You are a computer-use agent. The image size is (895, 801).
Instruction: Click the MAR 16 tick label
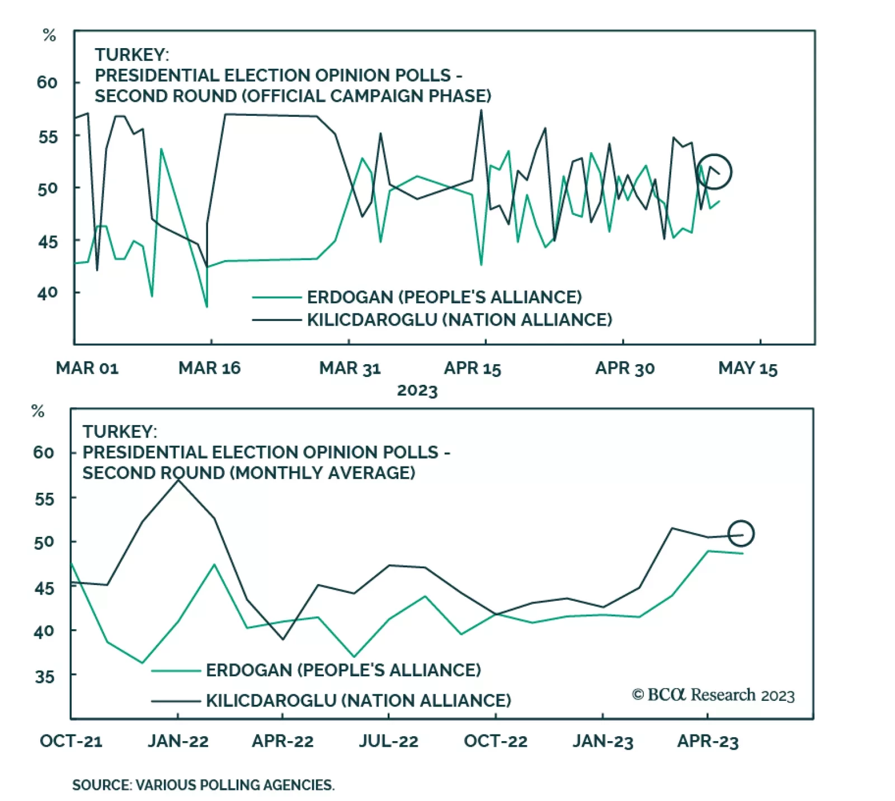click(209, 368)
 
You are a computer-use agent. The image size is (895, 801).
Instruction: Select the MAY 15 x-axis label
click(748, 369)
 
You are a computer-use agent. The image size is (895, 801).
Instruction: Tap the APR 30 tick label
click(625, 369)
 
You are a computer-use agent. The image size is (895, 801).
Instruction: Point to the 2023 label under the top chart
click(417, 390)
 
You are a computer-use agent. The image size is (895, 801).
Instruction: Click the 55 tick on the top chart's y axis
click(48, 137)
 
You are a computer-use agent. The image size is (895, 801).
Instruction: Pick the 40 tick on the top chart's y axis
click(48, 293)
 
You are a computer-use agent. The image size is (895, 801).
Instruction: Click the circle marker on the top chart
click(714, 171)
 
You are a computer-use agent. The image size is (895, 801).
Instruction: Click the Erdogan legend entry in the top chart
click(444, 297)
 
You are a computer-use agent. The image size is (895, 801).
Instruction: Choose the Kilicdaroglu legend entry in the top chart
click(459, 320)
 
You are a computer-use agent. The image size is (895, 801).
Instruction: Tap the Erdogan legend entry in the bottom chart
click(343, 670)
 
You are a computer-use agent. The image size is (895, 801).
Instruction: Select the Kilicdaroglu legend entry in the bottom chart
click(358, 700)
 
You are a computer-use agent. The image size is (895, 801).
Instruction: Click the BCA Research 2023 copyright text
click(713, 695)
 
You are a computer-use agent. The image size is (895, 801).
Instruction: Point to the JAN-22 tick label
click(178, 742)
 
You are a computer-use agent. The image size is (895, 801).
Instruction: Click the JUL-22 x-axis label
click(389, 742)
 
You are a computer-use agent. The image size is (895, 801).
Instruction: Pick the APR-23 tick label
click(708, 742)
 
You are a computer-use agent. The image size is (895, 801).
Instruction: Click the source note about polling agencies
click(203, 785)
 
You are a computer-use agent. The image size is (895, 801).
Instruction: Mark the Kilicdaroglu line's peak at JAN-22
click(178, 480)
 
